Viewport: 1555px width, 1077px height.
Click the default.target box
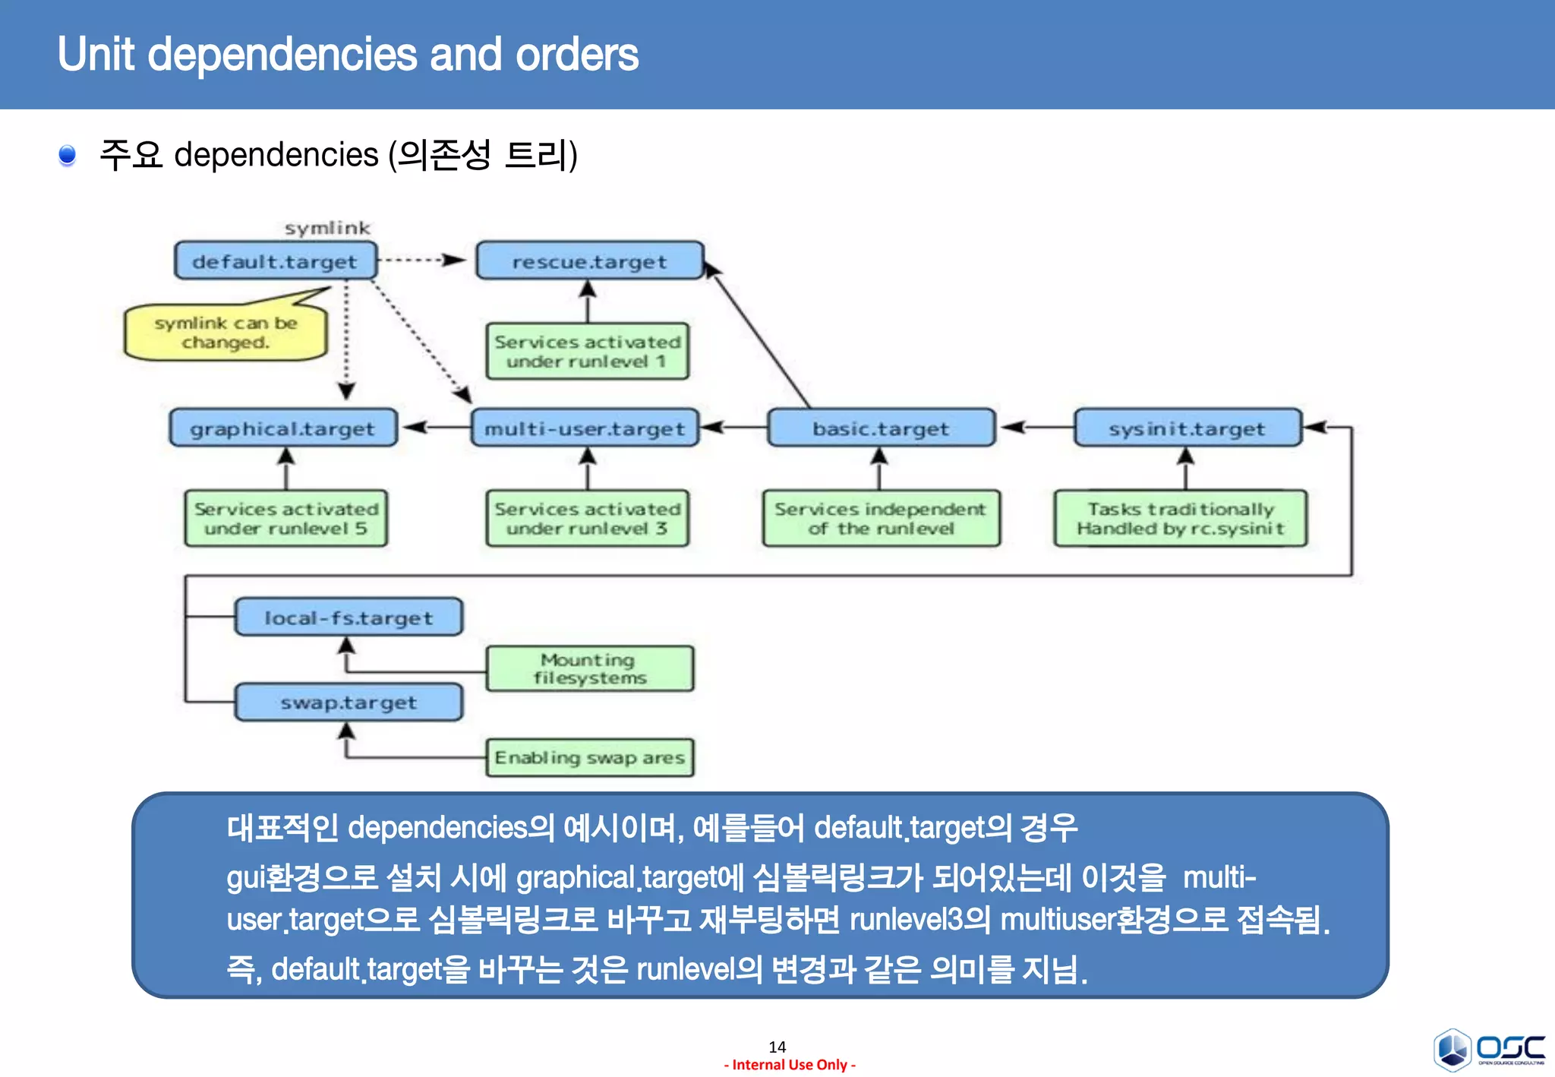276,261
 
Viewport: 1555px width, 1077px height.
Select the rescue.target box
589,261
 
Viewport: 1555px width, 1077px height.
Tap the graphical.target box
282,428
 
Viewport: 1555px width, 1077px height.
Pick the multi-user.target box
585,428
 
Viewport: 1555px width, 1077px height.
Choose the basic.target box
881,428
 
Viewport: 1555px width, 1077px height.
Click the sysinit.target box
1187,428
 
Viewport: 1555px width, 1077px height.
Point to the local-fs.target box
349,617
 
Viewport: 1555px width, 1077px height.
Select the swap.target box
349,703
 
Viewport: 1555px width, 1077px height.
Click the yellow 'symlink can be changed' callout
226,333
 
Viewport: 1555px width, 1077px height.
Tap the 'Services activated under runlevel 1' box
588,351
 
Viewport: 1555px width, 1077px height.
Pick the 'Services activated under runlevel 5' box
286,518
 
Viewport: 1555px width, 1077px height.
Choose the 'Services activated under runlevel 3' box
588,518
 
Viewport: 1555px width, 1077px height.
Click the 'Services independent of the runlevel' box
881,518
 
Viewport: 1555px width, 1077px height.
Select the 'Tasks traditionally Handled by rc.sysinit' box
1181,518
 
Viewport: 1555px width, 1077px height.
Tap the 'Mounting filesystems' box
589,668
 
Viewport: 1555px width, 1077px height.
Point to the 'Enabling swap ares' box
589,757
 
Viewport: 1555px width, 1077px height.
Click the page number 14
777,1047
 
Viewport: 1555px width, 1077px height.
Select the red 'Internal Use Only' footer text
790,1065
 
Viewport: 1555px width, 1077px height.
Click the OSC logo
1489,1049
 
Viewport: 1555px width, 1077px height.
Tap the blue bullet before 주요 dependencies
68,155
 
